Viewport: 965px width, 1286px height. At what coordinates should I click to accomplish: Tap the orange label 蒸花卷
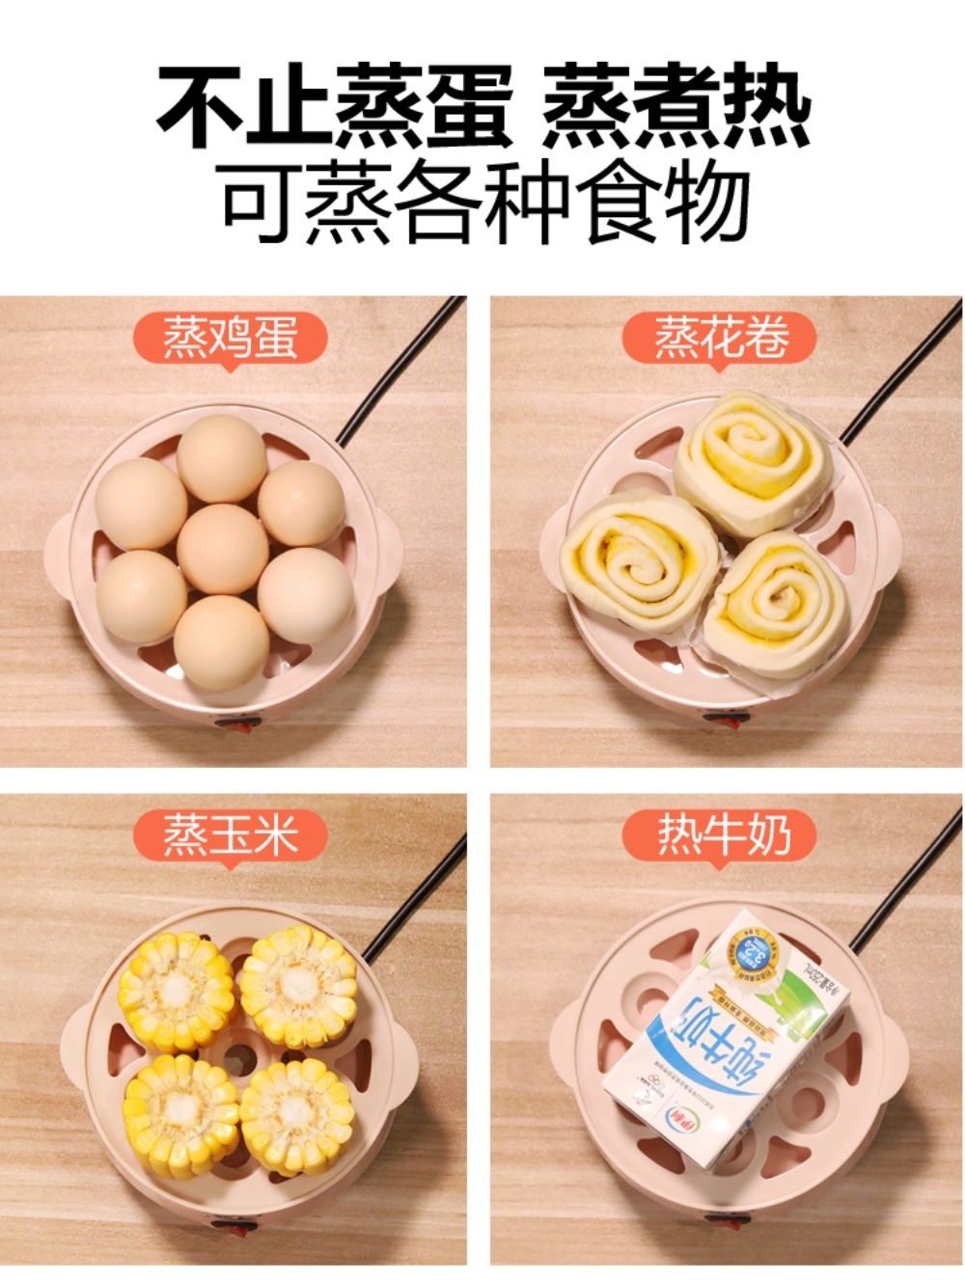(x=720, y=338)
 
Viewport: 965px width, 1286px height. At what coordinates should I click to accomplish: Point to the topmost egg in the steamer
(x=221, y=459)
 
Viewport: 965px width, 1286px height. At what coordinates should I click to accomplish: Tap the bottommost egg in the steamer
(x=221, y=641)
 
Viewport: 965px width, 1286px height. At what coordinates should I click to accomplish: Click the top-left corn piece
(x=176, y=991)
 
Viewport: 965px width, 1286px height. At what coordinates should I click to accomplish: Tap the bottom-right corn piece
(x=295, y=1114)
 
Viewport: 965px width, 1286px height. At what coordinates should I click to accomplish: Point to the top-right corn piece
(x=297, y=986)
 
